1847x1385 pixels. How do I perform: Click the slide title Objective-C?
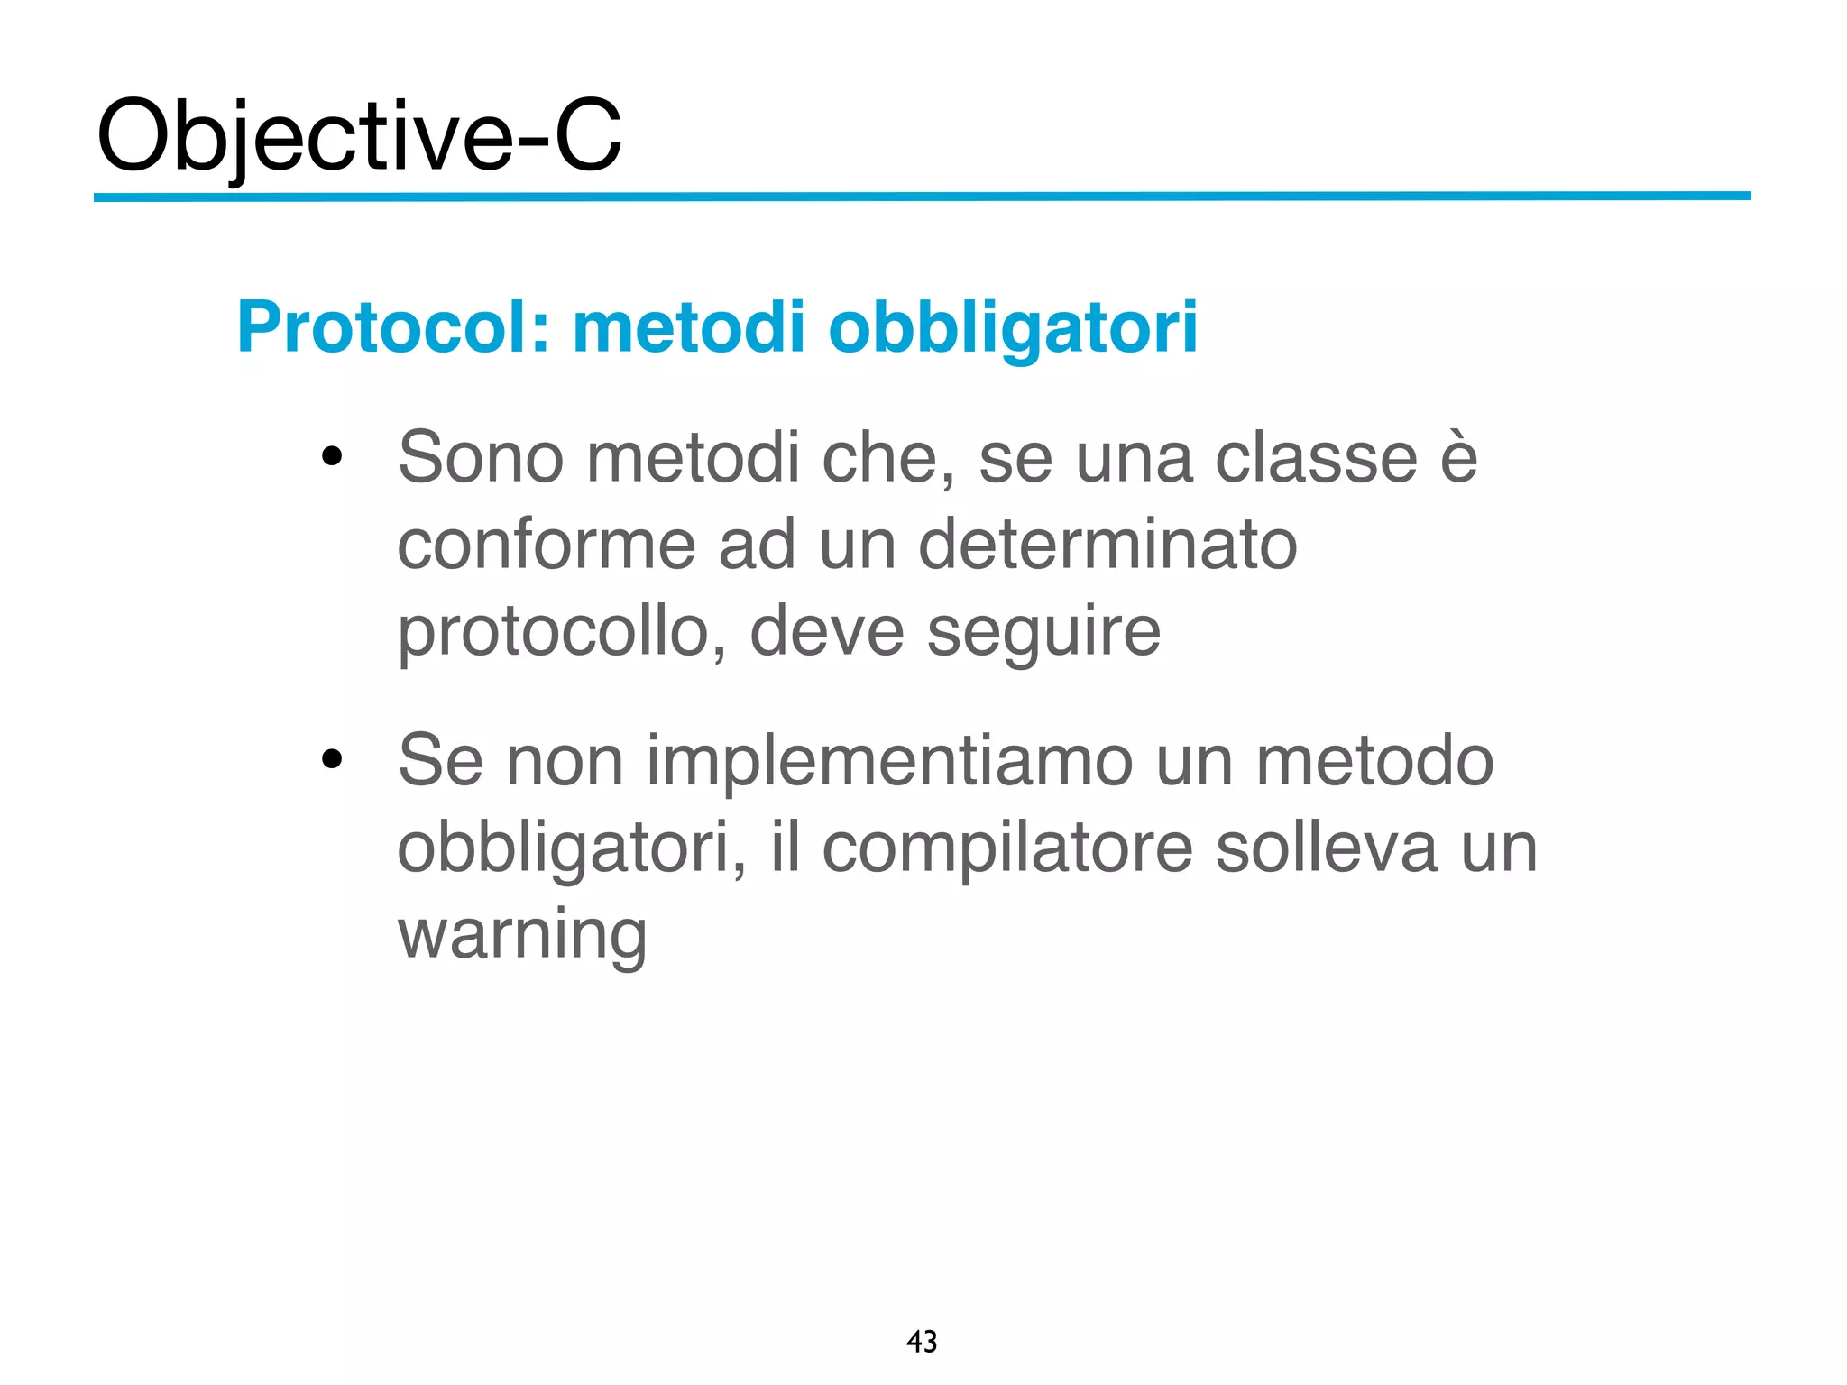(359, 137)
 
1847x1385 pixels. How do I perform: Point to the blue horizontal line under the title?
(922, 196)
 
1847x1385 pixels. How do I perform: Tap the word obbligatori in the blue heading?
(1013, 329)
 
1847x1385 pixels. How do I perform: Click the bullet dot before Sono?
(332, 457)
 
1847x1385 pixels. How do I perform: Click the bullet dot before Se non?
(332, 760)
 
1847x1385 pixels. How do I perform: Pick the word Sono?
(481, 458)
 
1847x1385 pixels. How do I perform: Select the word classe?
(1316, 458)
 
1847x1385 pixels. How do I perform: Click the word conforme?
(547, 545)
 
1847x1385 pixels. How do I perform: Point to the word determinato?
(1107, 545)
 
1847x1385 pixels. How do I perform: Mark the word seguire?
(1043, 634)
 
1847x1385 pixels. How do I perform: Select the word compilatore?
(1007, 848)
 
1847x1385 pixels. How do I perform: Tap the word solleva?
(1326, 848)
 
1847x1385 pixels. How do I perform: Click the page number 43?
(922, 1342)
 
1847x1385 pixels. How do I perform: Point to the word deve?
(827, 632)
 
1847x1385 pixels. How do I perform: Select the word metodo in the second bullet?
(1374, 761)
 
